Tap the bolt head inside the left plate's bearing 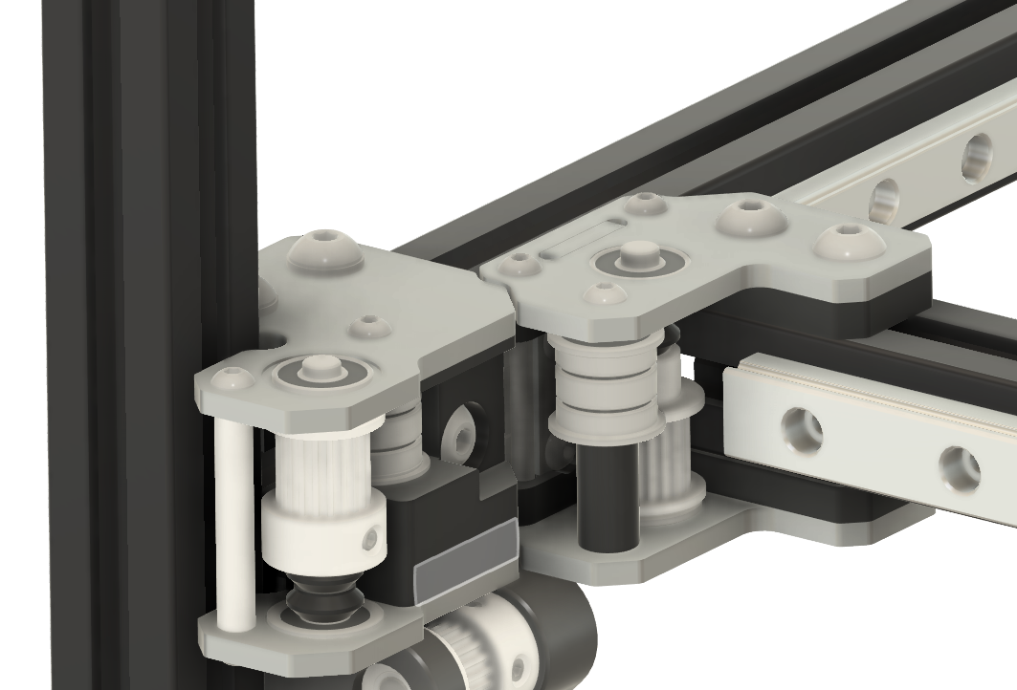[319, 367]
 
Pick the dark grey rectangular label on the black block [466, 570]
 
